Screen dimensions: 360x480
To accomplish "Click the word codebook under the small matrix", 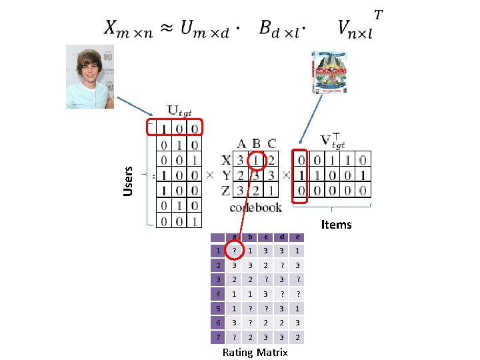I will [x=255, y=207].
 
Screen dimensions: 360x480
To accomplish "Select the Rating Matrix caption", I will [x=255, y=352].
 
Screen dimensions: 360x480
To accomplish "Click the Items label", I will [x=336, y=224].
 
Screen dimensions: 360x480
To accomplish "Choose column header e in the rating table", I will [x=297, y=237].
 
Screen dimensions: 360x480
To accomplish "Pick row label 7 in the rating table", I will [x=217, y=337].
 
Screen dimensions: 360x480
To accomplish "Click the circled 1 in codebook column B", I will [x=256, y=161].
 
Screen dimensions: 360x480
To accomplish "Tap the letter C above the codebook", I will [x=271, y=143].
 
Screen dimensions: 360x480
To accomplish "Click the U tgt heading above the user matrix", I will [x=179, y=111].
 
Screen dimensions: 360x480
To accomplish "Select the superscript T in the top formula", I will [x=378, y=14].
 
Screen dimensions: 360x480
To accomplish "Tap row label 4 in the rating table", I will [x=217, y=294].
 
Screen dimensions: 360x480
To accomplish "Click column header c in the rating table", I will [x=265, y=237].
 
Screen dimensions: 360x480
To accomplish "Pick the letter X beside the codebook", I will [x=226, y=161].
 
